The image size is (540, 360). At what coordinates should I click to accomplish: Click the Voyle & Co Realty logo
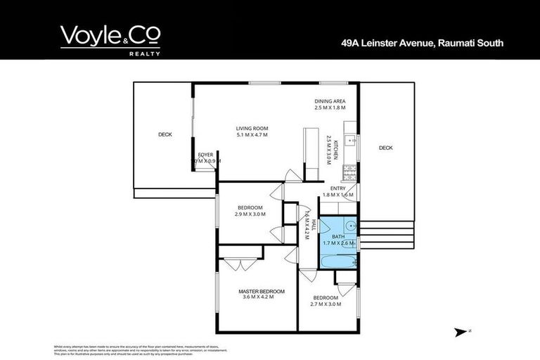[110, 39]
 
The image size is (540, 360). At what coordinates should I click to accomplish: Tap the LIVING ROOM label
[251, 128]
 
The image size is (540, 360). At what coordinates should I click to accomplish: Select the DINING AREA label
[330, 101]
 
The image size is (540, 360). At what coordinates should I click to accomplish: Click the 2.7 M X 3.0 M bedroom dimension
[326, 304]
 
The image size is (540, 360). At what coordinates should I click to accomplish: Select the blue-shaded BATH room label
[337, 237]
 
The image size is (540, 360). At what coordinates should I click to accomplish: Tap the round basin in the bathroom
[349, 226]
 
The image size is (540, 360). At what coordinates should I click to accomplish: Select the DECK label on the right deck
[385, 148]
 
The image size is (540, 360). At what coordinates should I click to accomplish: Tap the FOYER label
[205, 154]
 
